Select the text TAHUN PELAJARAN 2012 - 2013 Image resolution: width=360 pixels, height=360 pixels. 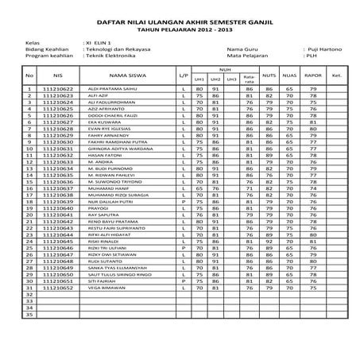click(x=180, y=30)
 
